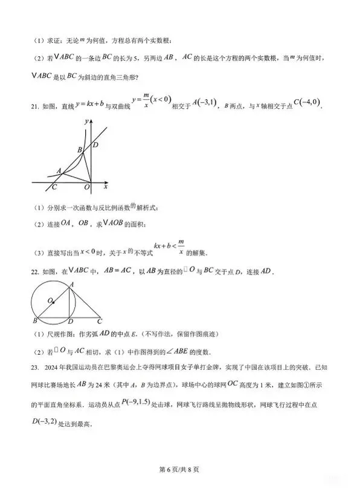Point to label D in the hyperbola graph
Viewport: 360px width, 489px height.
click(95, 144)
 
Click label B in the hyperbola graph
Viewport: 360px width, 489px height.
click(79, 149)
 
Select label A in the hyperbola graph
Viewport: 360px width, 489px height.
click(59, 170)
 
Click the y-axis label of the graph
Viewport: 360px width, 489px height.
click(87, 121)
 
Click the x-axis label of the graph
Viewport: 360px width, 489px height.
click(105, 186)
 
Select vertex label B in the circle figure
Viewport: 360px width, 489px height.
click(34, 321)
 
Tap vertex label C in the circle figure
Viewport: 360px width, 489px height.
click(100, 321)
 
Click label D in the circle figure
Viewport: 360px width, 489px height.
click(71, 321)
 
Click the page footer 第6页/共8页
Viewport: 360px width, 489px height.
click(179, 469)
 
